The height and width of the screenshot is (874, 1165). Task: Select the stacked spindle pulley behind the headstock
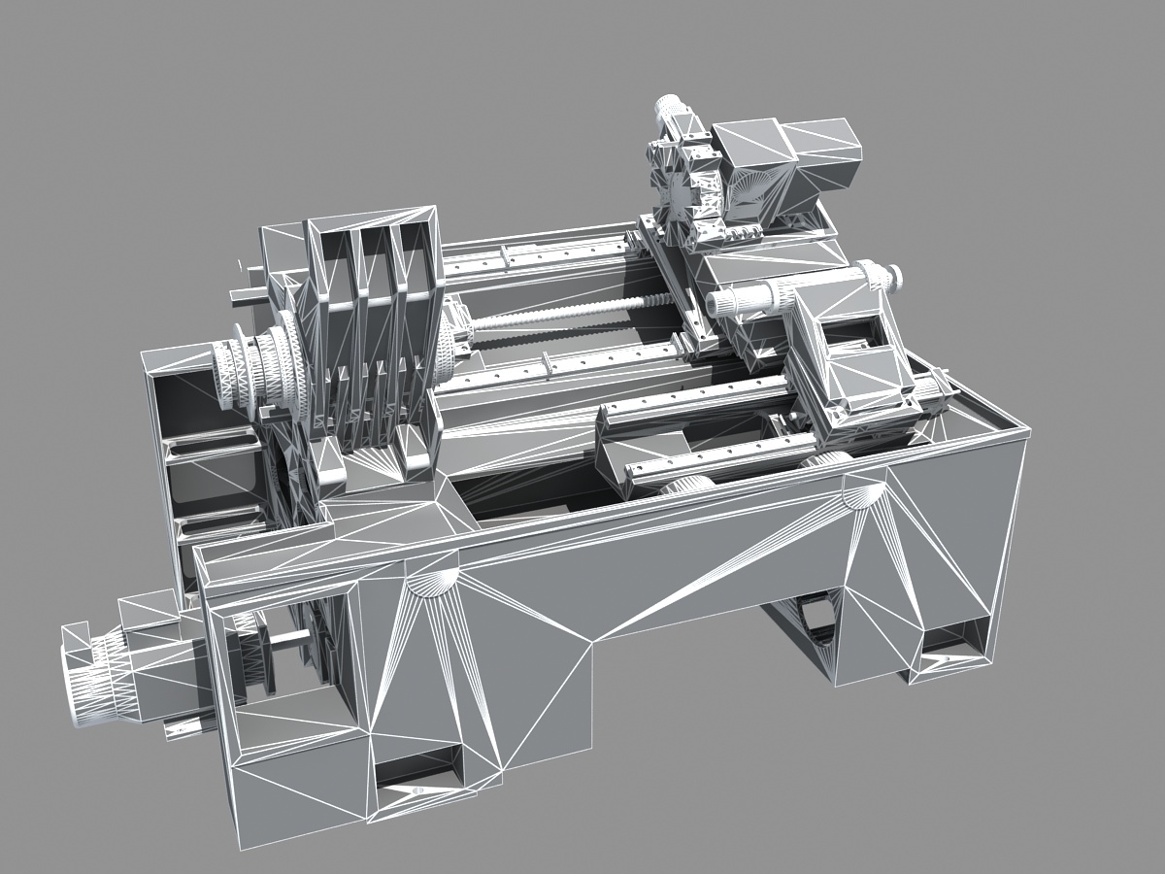pyautogui.click(x=257, y=374)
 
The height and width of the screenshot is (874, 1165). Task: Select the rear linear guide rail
pyautogui.click(x=544, y=252)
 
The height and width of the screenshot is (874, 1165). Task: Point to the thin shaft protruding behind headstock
pyautogui.click(x=248, y=294)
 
